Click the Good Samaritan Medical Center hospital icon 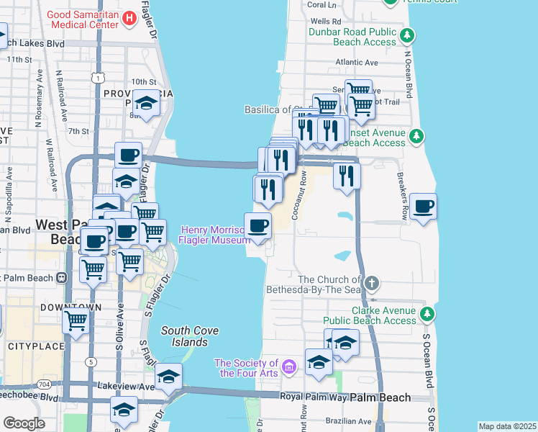pyautogui.click(x=129, y=18)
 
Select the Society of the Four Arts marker pyautogui.click(x=289, y=368)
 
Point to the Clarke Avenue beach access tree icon pyautogui.click(x=427, y=314)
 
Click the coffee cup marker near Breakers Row pyautogui.click(x=423, y=207)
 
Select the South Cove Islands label pyautogui.click(x=185, y=336)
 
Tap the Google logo pyautogui.click(x=24, y=423)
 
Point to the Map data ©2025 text pyautogui.click(x=507, y=426)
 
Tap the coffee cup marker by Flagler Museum pyautogui.click(x=258, y=227)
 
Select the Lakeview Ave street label pyautogui.click(x=126, y=387)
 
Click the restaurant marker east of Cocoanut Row pyautogui.click(x=347, y=175)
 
